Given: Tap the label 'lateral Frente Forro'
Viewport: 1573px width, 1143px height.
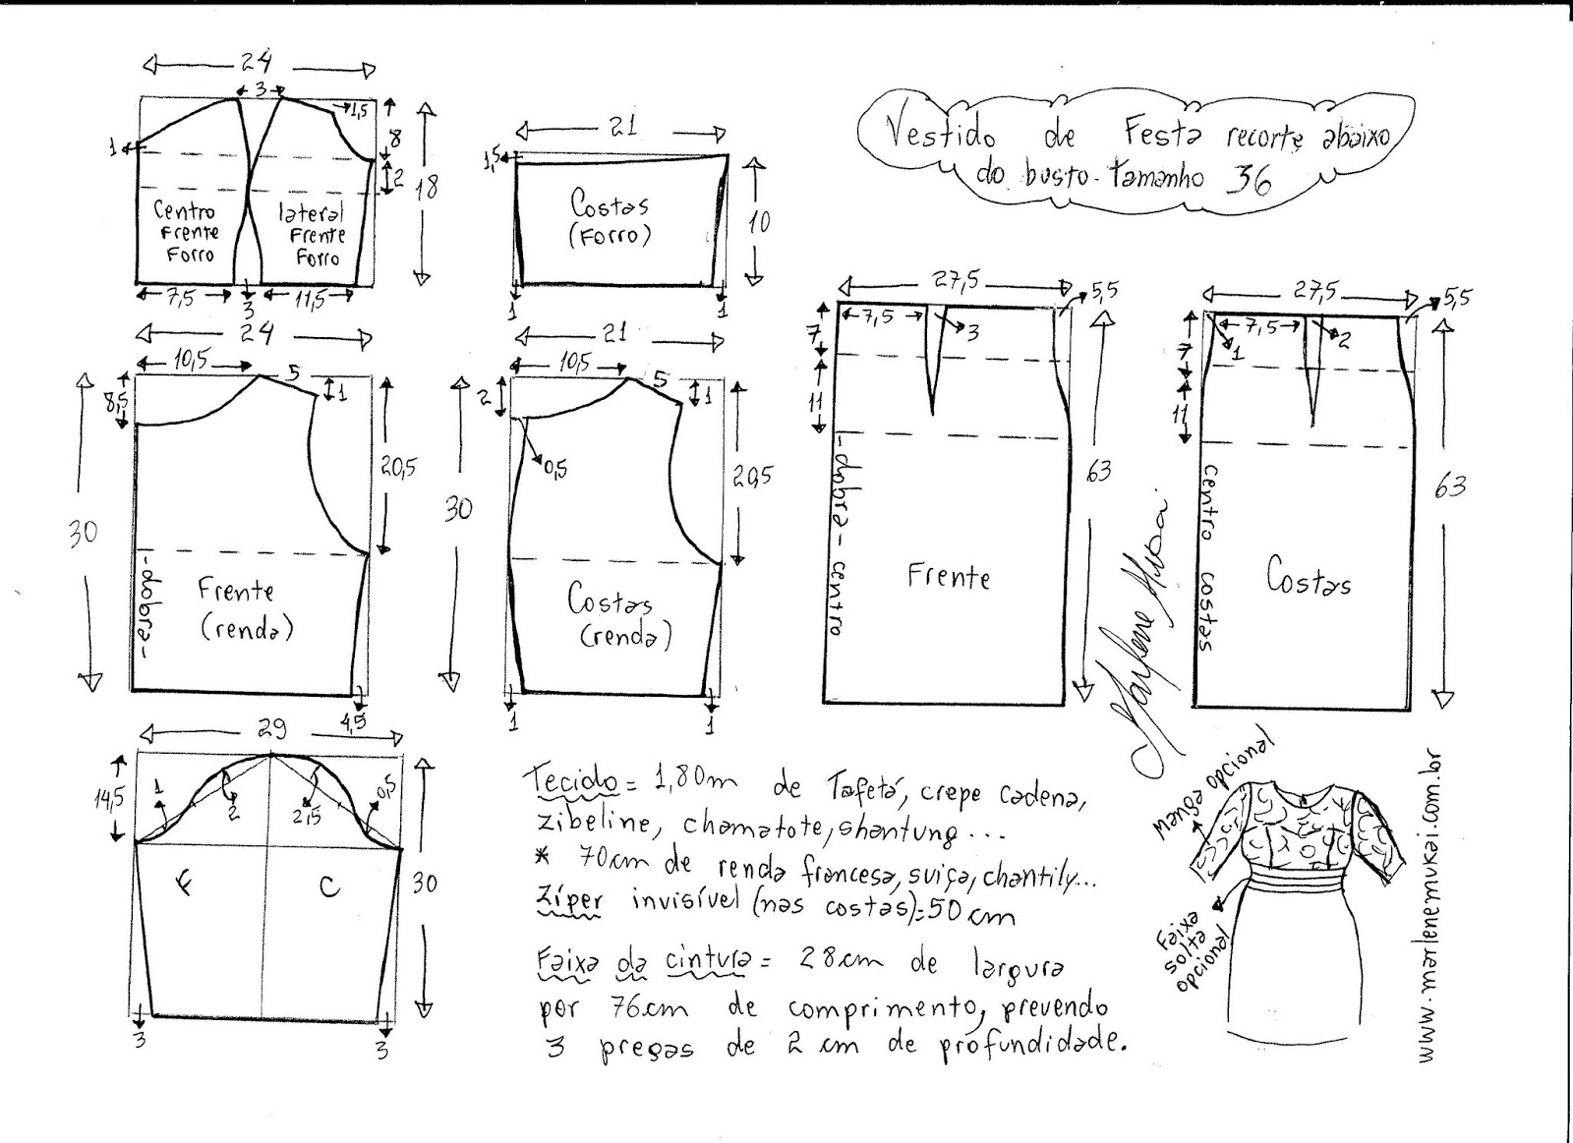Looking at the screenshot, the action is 313,235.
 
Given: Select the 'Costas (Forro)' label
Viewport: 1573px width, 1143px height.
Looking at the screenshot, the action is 610,219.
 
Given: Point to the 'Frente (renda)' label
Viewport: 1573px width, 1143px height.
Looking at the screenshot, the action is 245,608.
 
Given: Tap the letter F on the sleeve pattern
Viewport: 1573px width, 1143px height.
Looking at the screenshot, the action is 186,882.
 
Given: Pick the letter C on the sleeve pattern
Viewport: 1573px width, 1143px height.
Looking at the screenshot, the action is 329,886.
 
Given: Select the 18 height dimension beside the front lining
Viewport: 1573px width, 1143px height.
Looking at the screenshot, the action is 427,186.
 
